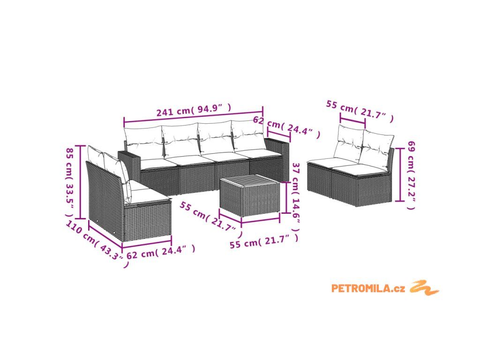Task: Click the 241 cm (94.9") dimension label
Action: pyautogui.click(x=194, y=110)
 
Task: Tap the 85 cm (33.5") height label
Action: pyautogui.click(x=69, y=182)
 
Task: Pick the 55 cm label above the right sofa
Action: pyautogui.click(x=360, y=111)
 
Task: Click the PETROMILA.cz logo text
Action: pyautogui.click(x=368, y=288)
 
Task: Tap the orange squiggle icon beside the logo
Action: pyautogui.click(x=424, y=288)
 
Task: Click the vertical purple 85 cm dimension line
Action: pyautogui.click(x=81, y=182)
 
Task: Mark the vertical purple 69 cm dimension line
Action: pyautogui.click(x=399, y=174)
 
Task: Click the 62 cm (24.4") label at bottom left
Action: pyautogui.click(x=161, y=252)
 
